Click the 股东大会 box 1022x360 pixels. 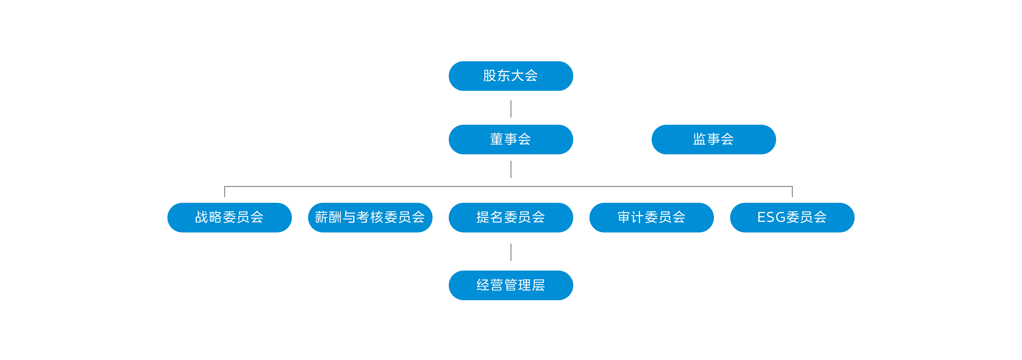(510, 76)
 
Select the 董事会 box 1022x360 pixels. (510, 139)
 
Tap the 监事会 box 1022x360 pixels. (713, 139)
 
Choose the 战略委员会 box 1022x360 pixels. (229, 217)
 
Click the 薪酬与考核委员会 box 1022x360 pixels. (370, 217)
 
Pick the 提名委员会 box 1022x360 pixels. (510, 217)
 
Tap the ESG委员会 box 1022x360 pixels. (792, 217)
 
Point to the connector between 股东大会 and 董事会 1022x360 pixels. (510, 109)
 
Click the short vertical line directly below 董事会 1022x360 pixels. (510, 169)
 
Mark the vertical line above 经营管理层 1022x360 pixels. (510, 252)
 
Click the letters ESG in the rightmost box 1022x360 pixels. (771, 217)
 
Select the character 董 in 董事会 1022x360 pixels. (497, 139)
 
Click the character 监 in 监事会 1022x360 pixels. (700, 139)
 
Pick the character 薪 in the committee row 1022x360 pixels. (321, 217)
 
